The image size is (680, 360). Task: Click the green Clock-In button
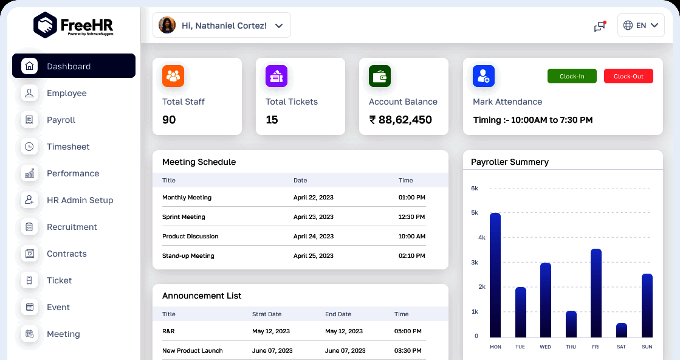572,76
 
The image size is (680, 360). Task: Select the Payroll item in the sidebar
61,120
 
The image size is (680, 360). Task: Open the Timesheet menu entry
68,147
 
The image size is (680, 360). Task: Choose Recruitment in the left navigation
72,227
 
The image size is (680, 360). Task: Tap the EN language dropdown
641,26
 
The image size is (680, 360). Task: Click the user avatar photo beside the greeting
167,25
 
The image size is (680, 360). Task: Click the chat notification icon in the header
600,26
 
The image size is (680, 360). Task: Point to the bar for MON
495,275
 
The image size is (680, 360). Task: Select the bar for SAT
622,330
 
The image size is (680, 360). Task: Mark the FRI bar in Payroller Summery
596,293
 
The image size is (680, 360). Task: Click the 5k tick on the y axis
475,213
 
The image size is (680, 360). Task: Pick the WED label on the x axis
545,347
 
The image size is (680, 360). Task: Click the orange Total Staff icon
173,76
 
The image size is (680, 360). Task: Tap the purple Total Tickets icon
276,76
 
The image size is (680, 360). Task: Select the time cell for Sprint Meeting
411,217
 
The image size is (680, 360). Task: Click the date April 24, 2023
314,237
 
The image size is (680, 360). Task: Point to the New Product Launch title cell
193,351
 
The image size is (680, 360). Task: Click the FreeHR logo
74,25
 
